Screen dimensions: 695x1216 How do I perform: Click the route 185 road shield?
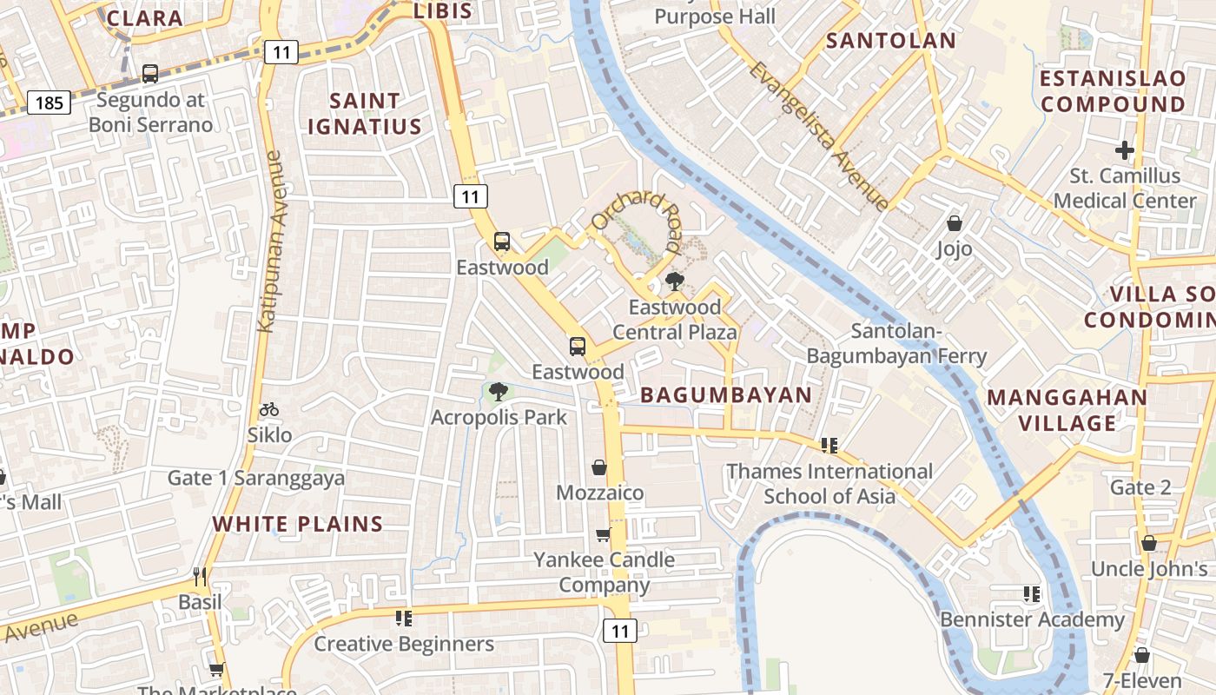pyautogui.click(x=49, y=103)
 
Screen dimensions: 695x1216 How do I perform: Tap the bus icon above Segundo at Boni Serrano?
pyautogui.click(x=150, y=74)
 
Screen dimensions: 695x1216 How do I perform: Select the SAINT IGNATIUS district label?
pyautogui.click(x=365, y=114)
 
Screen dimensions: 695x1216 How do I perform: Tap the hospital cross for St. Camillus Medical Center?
pyautogui.click(x=1125, y=150)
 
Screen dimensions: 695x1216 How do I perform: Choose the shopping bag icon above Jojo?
pyautogui.click(x=955, y=223)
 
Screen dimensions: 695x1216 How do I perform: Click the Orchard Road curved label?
pyautogui.click(x=639, y=217)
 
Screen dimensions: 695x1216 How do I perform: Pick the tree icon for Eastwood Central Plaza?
pyautogui.click(x=674, y=281)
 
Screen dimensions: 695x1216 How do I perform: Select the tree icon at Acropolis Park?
pyautogui.click(x=499, y=392)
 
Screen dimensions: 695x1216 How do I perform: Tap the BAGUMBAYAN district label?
pyautogui.click(x=726, y=395)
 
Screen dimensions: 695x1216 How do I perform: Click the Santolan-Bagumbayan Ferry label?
pyautogui.click(x=896, y=343)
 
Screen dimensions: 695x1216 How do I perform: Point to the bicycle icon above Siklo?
pyautogui.click(x=269, y=409)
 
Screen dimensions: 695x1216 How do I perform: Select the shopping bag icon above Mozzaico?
pyautogui.click(x=599, y=467)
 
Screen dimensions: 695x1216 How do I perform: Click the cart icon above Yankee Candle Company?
pyautogui.click(x=604, y=534)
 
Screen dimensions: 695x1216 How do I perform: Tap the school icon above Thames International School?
pyautogui.click(x=829, y=446)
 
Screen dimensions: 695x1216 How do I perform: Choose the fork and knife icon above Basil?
pyautogui.click(x=200, y=576)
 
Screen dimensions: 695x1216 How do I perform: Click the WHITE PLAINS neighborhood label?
pyautogui.click(x=298, y=524)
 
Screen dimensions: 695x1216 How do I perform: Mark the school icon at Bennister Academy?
pyautogui.click(x=1032, y=594)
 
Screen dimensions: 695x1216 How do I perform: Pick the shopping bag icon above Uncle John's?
pyautogui.click(x=1149, y=544)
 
